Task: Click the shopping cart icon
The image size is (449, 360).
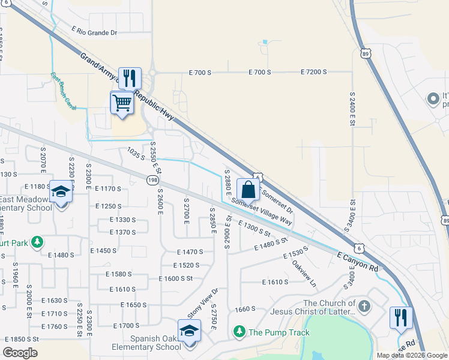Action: [122, 103]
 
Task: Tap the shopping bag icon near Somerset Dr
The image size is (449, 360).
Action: [248, 190]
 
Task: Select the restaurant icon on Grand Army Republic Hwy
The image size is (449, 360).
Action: [130, 79]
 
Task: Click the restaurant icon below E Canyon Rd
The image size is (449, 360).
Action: [400, 317]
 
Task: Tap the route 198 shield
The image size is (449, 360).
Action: [152, 179]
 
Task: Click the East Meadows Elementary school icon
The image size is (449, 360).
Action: [61, 192]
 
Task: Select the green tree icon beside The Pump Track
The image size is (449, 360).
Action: [240, 332]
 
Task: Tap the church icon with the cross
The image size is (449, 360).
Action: [364, 307]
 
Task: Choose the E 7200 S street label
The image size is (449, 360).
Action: [313, 72]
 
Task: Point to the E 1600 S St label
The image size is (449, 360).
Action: [175, 278]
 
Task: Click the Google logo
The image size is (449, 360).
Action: [20, 352]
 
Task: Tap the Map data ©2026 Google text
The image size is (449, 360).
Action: [412, 355]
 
